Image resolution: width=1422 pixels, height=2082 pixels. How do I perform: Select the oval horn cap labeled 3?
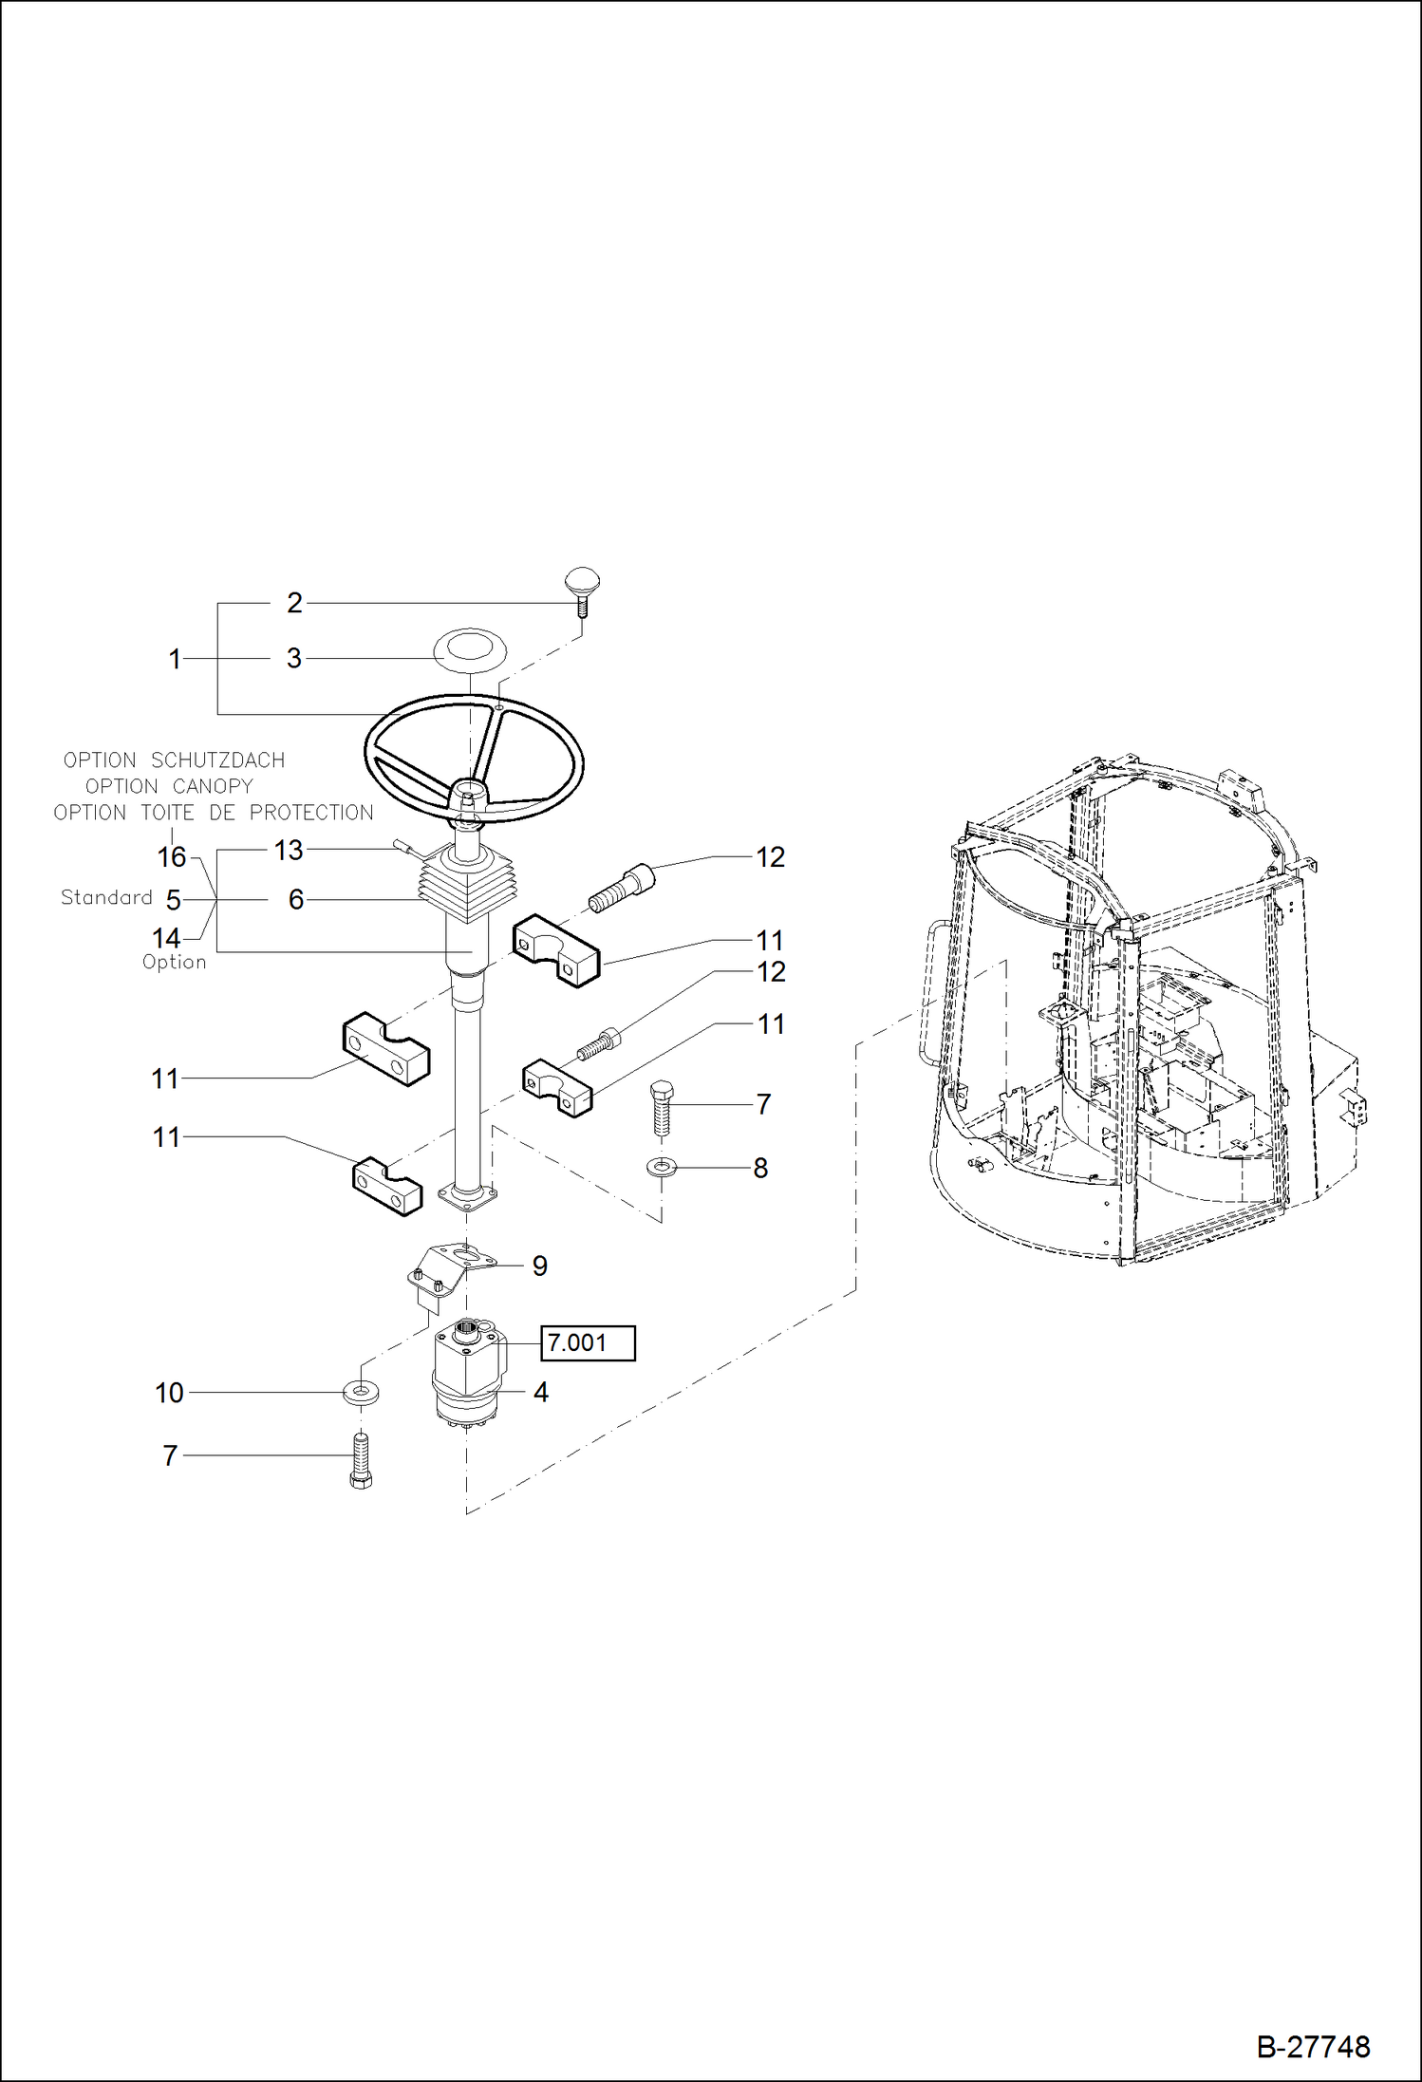pos(469,651)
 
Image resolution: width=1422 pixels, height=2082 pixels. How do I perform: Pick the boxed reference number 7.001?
pos(588,1342)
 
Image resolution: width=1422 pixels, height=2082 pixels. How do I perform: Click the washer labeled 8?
pos(661,1166)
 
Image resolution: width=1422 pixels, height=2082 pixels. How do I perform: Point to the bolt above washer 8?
pos(662,1106)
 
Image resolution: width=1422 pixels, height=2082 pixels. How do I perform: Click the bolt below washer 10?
pos(361,1459)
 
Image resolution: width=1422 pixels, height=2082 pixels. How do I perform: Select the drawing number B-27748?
pos(1313,2046)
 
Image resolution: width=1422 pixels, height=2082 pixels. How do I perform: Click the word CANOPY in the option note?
pos(213,786)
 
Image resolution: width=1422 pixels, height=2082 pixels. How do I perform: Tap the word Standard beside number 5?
pos(106,897)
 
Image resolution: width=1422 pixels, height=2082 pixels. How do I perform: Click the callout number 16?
pos(171,856)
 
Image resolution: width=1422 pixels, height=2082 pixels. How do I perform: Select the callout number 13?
pos(289,850)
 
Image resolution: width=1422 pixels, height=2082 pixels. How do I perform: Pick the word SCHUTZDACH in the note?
pos(217,760)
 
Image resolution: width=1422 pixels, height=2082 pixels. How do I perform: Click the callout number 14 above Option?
pos(166,938)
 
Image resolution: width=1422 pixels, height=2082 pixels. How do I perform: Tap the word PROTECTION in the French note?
pos(311,813)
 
